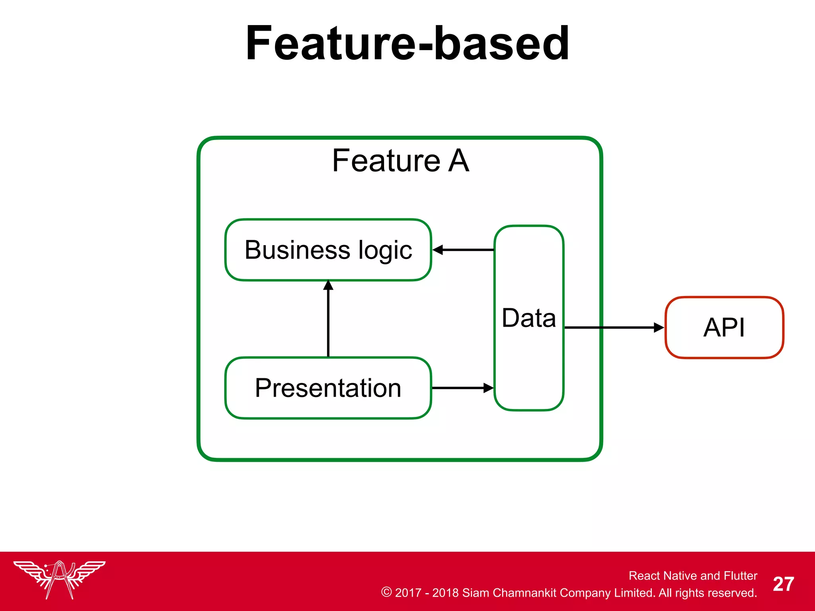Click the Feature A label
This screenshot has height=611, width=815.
tap(400, 161)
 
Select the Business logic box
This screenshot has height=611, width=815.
tap(328, 250)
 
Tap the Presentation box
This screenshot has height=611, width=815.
tap(328, 388)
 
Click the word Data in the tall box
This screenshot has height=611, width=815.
tap(528, 318)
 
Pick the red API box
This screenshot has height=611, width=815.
tap(724, 327)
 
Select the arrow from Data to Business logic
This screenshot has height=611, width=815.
tap(464, 250)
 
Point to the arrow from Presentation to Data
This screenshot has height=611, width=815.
tap(462, 388)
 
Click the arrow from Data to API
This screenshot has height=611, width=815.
tap(613, 327)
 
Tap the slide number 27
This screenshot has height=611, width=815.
tap(783, 584)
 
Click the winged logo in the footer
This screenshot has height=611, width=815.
tap(59, 579)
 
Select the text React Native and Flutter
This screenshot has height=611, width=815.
tap(692, 576)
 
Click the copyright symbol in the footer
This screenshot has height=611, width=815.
tap(386, 592)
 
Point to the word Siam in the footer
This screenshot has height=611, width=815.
tap(475, 593)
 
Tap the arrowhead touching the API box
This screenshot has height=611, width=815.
tap(659, 327)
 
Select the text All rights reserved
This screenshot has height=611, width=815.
tap(707, 593)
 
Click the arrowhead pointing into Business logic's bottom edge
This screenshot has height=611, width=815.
tap(328, 285)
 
